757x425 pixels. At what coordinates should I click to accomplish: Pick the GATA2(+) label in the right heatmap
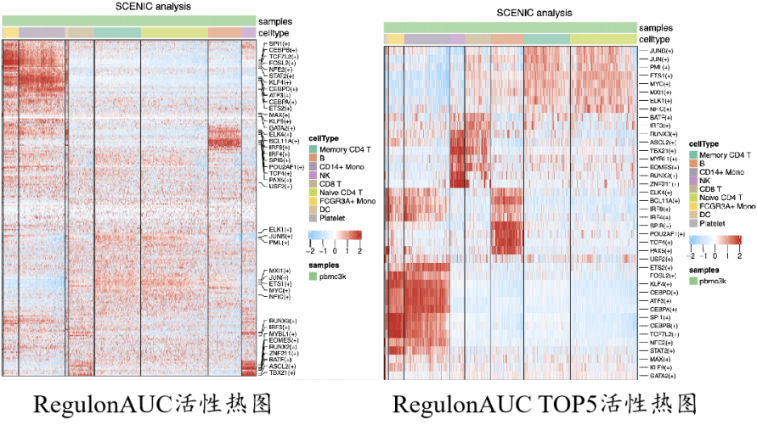pyautogui.click(x=662, y=375)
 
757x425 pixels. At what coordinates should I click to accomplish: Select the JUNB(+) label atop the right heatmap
pyautogui.click(x=659, y=51)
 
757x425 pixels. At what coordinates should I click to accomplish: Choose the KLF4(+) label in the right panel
pyautogui.click(x=660, y=283)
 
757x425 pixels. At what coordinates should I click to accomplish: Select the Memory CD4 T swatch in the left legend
pyautogui.click(x=313, y=149)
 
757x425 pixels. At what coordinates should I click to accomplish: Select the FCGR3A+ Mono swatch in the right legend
pyautogui.click(x=693, y=206)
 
